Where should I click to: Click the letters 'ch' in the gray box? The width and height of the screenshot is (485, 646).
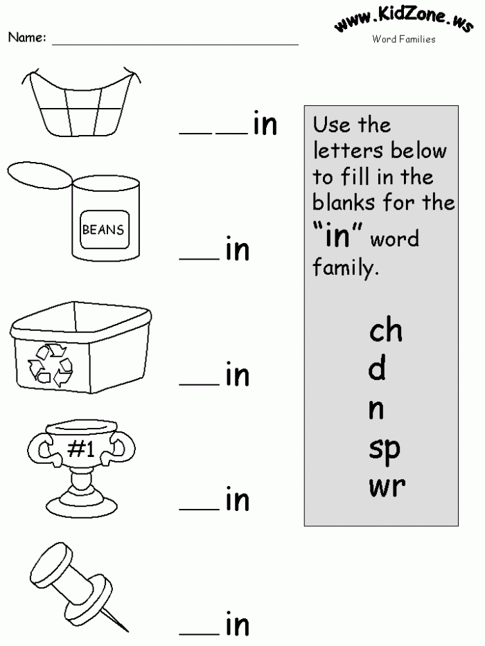[x=385, y=331]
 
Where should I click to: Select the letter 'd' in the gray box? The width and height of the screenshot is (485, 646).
[x=377, y=370]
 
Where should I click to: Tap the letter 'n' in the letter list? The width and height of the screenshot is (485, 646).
[x=376, y=410]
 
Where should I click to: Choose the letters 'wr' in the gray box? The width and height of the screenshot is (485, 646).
[x=387, y=487]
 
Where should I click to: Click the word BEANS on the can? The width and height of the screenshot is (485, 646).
[x=104, y=229]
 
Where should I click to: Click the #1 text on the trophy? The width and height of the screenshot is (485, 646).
[x=82, y=451]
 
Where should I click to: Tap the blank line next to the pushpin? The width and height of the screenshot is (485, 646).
[x=199, y=634]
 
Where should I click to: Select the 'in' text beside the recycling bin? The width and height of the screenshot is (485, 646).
[x=237, y=375]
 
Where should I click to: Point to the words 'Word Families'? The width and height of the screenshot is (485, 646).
[x=404, y=39]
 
